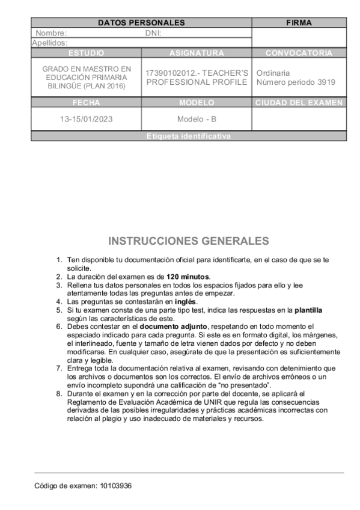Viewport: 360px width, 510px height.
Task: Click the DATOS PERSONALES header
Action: (x=141, y=23)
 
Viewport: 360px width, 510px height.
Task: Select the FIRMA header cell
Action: (x=299, y=23)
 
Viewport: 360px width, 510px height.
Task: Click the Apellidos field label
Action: (x=49, y=43)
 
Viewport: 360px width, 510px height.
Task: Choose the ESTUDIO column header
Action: (x=87, y=53)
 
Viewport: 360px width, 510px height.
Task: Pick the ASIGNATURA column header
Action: (x=197, y=53)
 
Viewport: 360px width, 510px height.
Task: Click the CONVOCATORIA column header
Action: (x=299, y=53)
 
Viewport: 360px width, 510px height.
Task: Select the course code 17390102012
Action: (x=171, y=73)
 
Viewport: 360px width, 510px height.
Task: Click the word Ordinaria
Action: (x=273, y=73)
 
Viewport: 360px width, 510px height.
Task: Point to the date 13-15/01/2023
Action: (x=87, y=119)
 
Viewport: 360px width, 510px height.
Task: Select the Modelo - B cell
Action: (x=197, y=119)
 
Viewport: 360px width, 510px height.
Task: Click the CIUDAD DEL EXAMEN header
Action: (x=299, y=103)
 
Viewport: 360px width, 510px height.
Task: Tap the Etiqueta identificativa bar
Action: (x=188, y=137)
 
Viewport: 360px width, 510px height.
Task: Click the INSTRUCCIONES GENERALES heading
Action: (x=188, y=242)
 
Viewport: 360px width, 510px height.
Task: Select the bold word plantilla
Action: (x=308, y=310)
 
